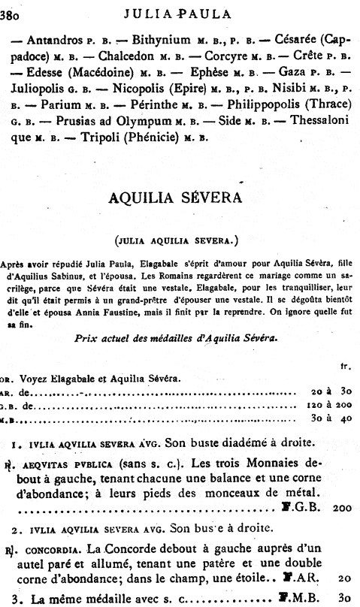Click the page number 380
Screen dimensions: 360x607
pyautogui.click(x=14, y=11)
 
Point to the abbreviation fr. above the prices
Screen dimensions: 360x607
pyautogui.click(x=346, y=367)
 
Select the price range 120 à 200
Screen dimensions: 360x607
pyautogui.click(x=329, y=404)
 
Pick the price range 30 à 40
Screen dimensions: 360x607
pyautogui.click(x=330, y=418)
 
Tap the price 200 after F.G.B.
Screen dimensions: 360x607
pyautogui.click(x=343, y=508)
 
